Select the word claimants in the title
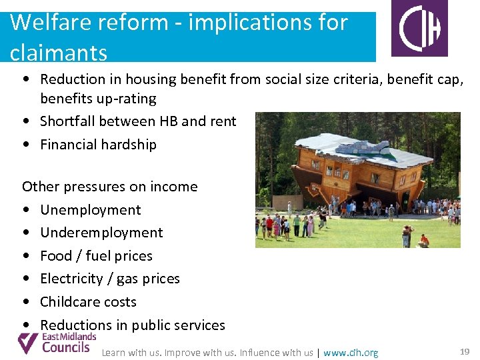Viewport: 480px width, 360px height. click(x=59, y=52)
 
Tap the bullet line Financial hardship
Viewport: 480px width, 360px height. click(x=98, y=145)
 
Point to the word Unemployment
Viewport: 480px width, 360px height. click(x=91, y=210)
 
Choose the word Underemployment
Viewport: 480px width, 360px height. click(x=101, y=233)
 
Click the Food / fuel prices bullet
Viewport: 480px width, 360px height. click(x=96, y=256)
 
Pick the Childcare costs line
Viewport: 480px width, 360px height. click(x=88, y=302)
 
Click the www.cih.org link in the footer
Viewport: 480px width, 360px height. click(x=351, y=353)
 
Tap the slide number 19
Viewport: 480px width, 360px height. click(x=465, y=351)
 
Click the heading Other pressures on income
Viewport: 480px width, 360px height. click(x=110, y=187)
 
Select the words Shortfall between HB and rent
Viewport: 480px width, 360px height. click(x=138, y=121)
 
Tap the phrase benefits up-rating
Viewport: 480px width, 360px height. click(x=98, y=99)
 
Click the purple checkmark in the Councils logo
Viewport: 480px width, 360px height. click(x=28, y=343)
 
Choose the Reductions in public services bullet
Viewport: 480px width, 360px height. click(x=133, y=325)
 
